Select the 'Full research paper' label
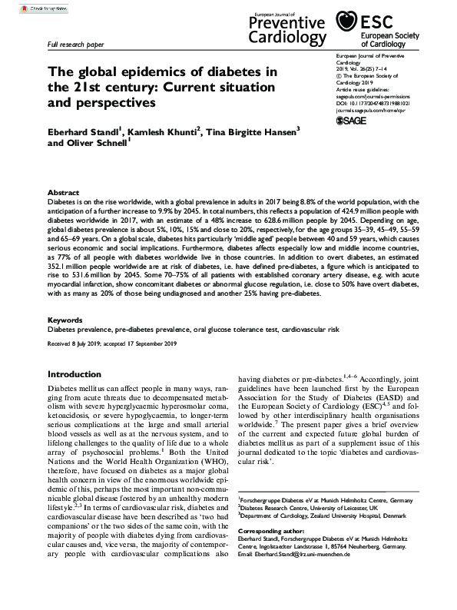point(75,46)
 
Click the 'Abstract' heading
point(64,193)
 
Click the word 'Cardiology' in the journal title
point(287,37)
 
